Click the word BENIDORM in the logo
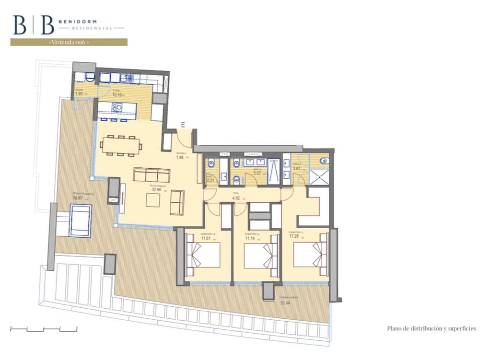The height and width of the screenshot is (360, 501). (78, 22)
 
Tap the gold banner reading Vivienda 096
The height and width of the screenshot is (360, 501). (69, 42)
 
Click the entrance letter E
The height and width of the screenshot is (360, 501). (183, 125)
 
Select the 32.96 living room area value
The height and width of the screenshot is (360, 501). (155, 189)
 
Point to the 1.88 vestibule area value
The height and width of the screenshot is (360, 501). (180, 157)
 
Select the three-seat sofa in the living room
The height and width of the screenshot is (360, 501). (151, 174)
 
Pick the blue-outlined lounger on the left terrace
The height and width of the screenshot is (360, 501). (80, 220)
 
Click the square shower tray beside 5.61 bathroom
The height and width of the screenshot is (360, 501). (319, 177)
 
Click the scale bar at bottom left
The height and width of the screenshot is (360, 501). (44, 329)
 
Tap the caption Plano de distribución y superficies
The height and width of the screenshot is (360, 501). (431, 328)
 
